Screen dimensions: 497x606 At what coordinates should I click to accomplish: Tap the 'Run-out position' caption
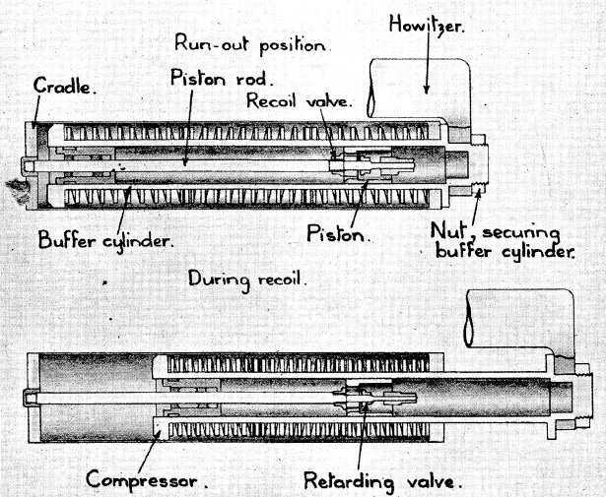pos(251,43)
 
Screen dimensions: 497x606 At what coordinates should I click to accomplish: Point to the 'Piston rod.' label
pos(211,77)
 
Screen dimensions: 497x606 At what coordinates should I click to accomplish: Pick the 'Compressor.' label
pos(147,482)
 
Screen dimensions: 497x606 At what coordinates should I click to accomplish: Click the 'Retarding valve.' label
pos(382,482)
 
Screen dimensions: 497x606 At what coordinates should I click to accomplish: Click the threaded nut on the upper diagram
pos(477,165)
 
